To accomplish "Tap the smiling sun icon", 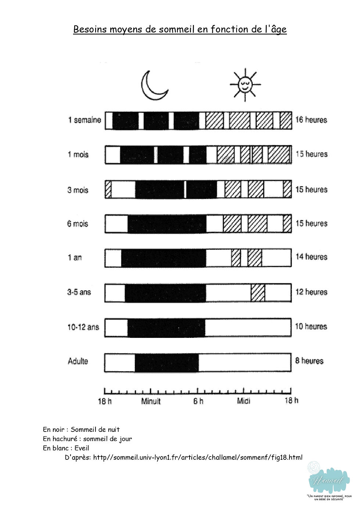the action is [245, 84].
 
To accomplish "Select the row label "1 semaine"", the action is [84, 120].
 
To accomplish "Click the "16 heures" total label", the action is [311, 120].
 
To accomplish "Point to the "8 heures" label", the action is [309, 361].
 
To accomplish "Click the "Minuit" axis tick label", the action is [151, 401].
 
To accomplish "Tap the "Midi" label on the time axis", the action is [244, 401].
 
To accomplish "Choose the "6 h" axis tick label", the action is [198, 401].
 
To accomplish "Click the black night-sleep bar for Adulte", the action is [167, 363].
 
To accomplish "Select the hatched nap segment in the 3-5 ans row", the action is [258, 293].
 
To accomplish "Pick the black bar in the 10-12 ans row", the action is [166, 328].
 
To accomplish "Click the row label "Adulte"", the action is [78, 361].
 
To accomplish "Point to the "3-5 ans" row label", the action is [79, 292].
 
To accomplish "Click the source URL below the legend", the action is [198, 457].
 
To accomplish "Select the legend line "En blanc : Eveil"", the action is [66, 448].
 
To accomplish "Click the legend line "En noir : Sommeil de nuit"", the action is [81, 429].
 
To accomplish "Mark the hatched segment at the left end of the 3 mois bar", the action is [108, 189].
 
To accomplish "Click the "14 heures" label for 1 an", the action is [312, 257].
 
